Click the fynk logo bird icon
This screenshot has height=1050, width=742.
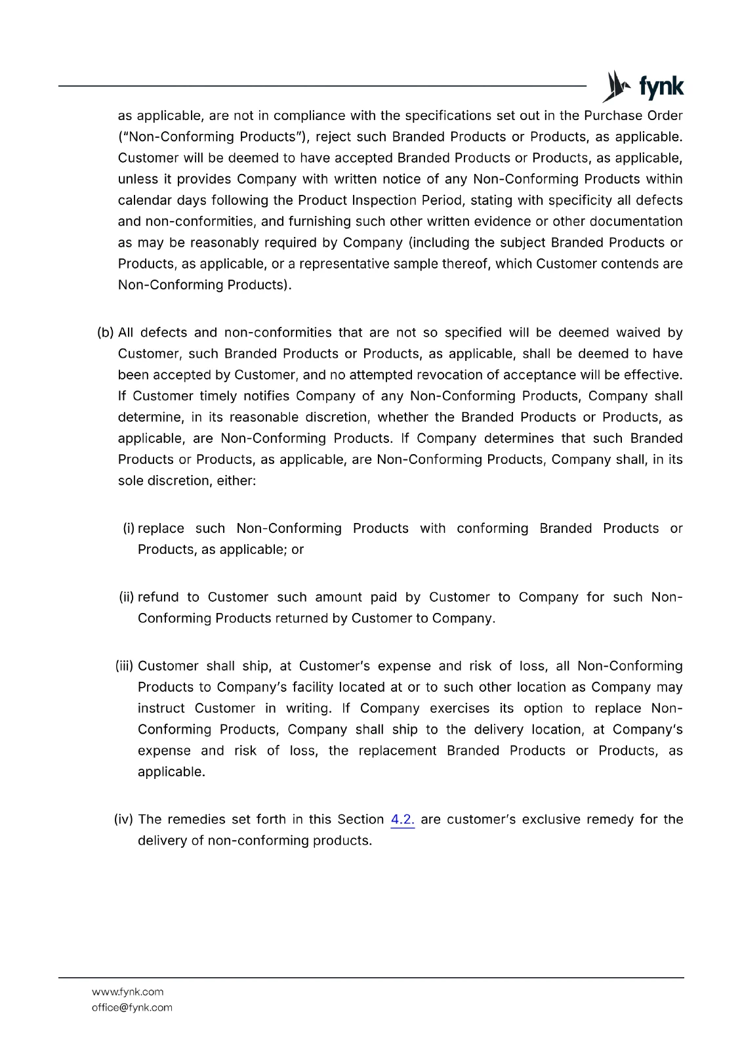(616, 86)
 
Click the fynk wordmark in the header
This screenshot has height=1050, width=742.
(661, 87)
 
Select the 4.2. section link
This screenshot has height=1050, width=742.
(402, 819)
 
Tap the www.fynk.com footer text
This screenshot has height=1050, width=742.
(127, 992)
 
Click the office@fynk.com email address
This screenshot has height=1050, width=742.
(132, 1007)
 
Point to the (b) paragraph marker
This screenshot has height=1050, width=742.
(105, 332)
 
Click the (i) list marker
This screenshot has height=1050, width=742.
(129, 528)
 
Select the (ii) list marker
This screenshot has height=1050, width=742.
(127, 597)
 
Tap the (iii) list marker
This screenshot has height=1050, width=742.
(125, 666)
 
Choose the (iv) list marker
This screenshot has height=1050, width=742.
(123, 819)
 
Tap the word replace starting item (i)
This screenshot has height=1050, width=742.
(161, 528)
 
